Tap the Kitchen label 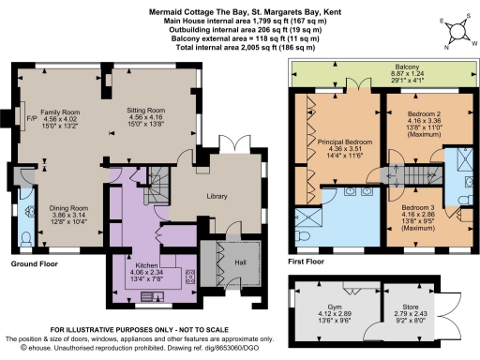coord(151,264)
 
